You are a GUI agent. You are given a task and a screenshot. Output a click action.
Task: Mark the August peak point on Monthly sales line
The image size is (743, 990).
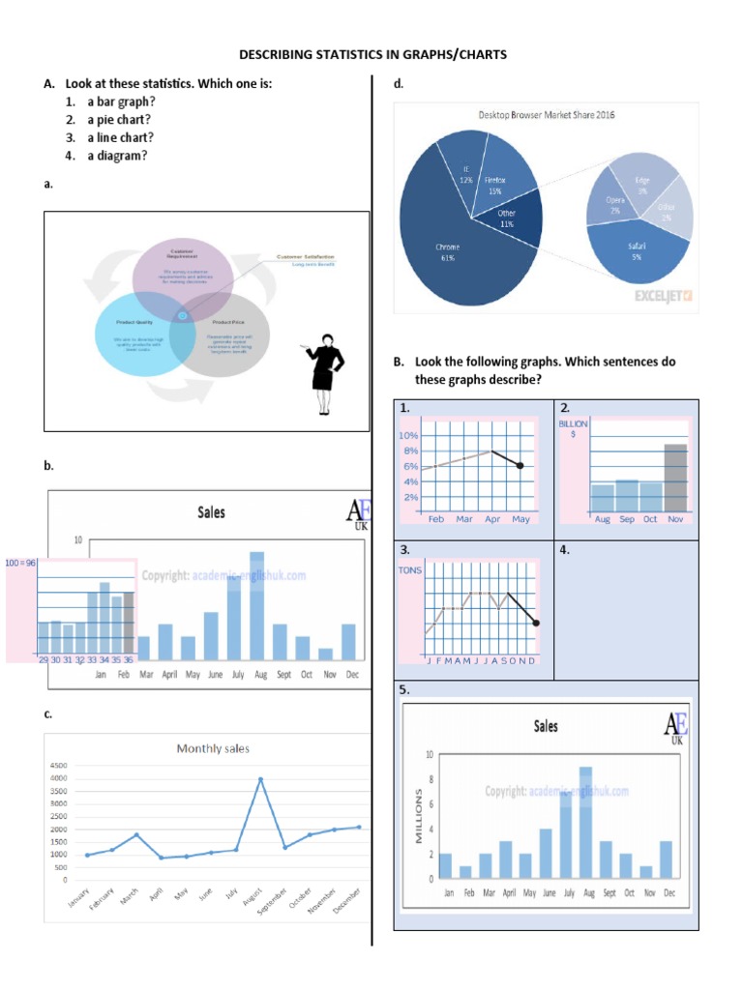259,778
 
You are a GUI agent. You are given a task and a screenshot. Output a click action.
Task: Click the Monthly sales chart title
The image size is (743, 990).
212,747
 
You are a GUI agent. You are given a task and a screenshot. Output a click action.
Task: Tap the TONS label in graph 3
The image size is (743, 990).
410,570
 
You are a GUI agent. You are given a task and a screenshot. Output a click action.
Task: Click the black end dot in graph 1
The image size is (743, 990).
520,466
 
